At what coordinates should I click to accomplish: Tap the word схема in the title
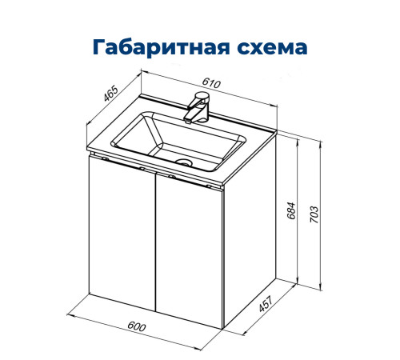269,47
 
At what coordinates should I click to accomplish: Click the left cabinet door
122,240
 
